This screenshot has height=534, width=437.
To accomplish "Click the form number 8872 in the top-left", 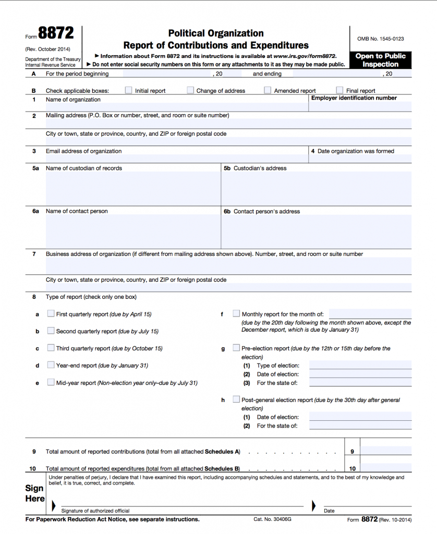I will (56, 34).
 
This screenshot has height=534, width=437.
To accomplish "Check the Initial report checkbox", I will (128, 90).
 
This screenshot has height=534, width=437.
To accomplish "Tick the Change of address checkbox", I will (190, 90).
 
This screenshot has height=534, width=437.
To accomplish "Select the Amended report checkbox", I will (268, 90).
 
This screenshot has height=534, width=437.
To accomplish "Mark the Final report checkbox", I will (339, 90).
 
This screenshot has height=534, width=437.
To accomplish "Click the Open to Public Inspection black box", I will (380, 60).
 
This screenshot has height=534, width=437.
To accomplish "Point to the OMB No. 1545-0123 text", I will (380, 39).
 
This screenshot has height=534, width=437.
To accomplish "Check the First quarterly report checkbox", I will (51, 314).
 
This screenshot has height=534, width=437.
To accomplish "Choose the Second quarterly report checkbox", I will (51, 331).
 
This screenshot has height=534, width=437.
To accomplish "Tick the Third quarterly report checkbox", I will (51, 348).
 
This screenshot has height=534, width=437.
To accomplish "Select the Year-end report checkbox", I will (51, 365).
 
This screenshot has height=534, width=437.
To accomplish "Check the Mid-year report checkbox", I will (51, 382).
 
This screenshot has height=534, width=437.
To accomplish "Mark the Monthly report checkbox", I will (236, 314).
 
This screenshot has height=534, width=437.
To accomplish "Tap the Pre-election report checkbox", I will (236, 348).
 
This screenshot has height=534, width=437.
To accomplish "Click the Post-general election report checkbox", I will (236, 399).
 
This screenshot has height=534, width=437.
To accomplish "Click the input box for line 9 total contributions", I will (385, 452).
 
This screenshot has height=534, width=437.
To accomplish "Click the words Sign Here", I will (34, 493).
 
